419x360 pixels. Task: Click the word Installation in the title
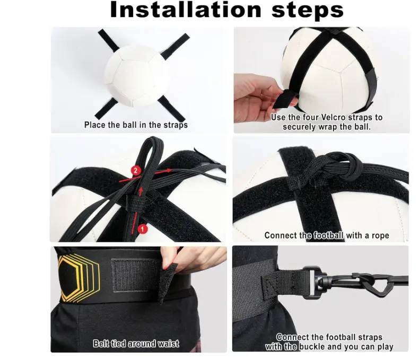[186, 10]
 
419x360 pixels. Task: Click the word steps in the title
[308, 11]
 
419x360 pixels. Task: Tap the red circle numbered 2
[136, 171]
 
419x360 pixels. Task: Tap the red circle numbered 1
[143, 229]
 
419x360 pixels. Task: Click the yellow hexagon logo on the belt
[79, 278]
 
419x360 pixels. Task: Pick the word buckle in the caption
[311, 347]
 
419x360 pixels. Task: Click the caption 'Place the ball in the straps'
[136, 125]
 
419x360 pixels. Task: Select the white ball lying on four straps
[136, 76]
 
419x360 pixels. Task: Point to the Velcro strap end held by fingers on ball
[285, 99]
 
